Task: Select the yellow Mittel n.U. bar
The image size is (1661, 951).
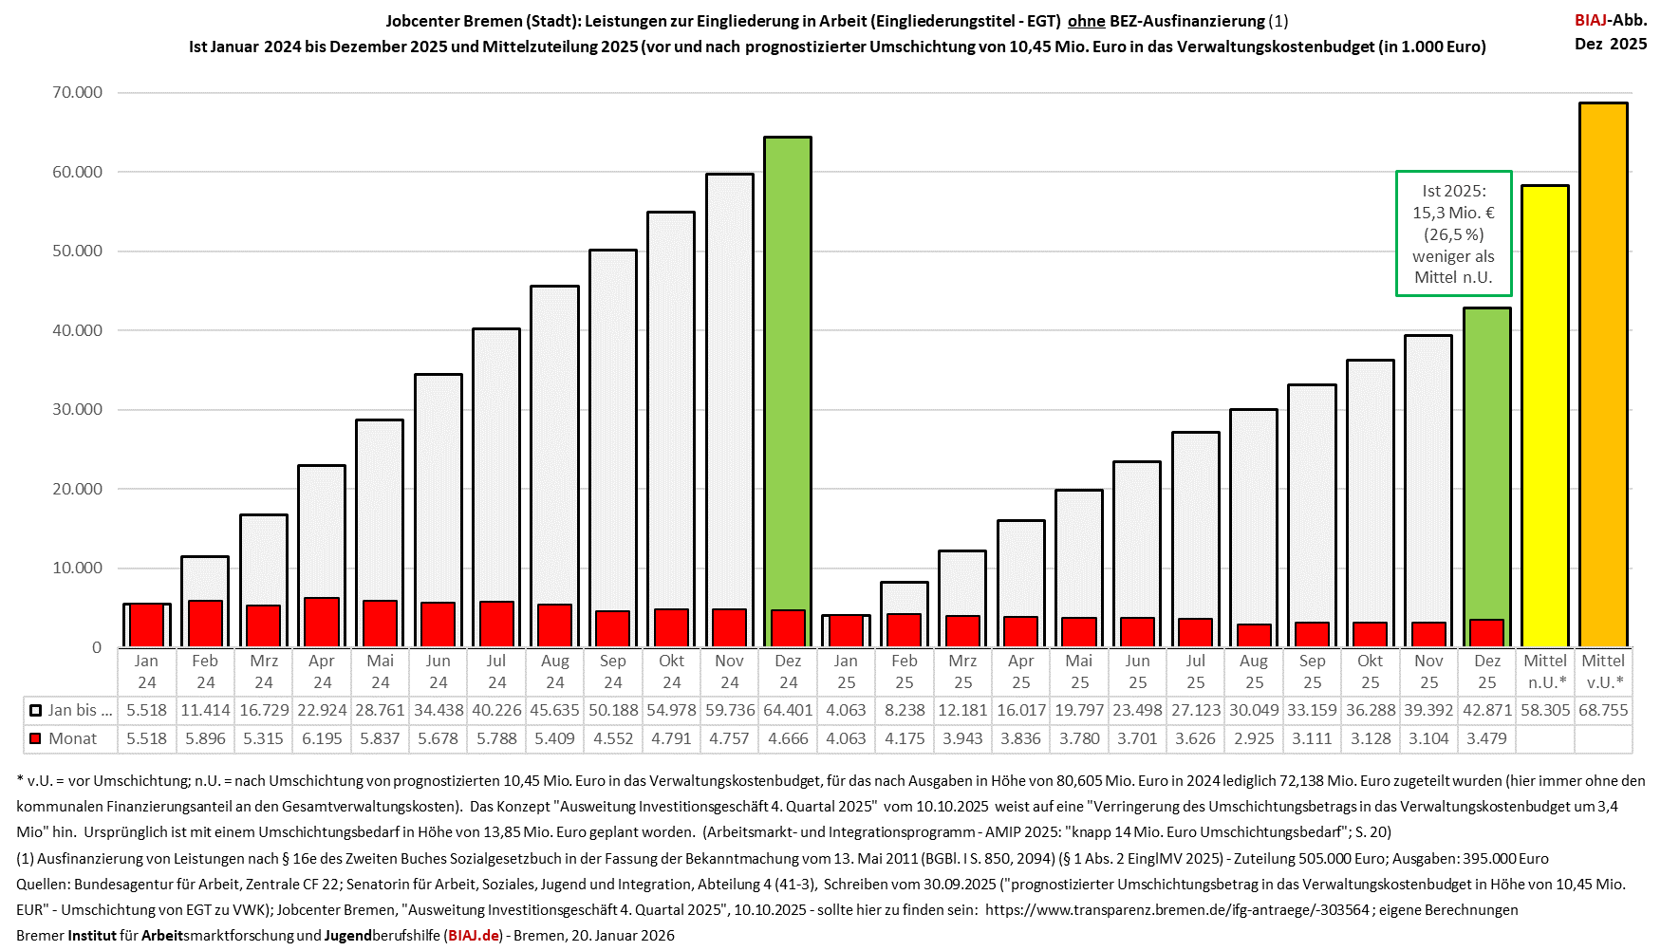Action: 1544,418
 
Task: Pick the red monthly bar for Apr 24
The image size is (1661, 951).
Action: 322,623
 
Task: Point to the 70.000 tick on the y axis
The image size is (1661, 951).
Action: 78,92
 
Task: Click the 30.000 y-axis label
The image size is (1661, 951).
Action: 78,409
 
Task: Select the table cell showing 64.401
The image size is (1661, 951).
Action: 788,710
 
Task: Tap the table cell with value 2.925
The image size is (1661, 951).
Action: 1254,738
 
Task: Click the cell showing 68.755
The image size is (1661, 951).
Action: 1603,710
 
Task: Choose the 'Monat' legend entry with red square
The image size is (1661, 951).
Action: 64,738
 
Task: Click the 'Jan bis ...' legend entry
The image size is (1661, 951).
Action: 71,710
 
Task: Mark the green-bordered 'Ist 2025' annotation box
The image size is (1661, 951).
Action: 1453,233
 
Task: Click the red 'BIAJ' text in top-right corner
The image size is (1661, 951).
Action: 1592,20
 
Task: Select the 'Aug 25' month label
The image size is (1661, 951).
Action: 1254,671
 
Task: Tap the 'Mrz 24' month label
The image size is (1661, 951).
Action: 264,671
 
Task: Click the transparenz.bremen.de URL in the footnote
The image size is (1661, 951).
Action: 1177,909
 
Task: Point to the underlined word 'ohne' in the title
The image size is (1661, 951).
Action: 1086,21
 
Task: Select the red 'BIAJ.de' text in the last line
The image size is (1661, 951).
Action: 474,935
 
